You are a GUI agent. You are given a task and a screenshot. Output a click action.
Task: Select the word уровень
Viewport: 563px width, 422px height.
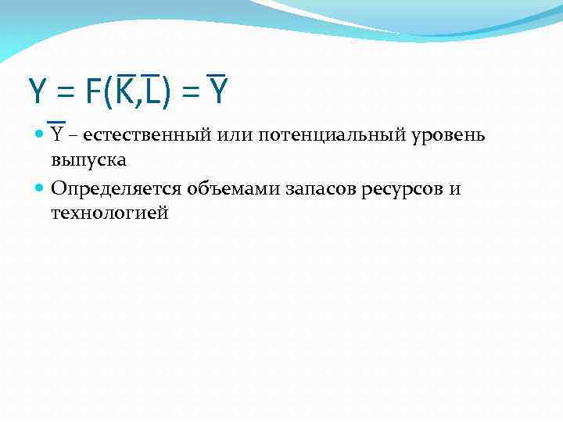pyautogui.click(x=452, y=135)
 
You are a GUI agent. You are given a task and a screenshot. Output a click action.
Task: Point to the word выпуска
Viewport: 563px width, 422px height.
pyautogui.click(x=89, y=159)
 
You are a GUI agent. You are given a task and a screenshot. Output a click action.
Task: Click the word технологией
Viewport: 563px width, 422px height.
pyautogui.click(x=109, y=212)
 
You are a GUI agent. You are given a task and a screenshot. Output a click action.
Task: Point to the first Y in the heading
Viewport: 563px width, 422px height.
pyautogui.click(x=37, y=93)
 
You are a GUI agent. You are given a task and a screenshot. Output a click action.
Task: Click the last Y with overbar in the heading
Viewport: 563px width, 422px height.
pyautogui.click(x=218, y=93)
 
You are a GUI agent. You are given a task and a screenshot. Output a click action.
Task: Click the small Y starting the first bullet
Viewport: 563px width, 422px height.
pyautogui.click(x=57, y=134)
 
